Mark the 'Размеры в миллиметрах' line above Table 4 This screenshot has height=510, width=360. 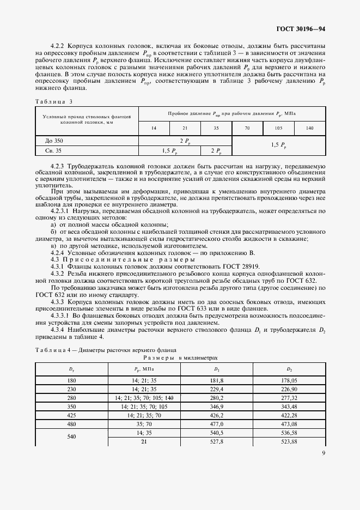point(179,357)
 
